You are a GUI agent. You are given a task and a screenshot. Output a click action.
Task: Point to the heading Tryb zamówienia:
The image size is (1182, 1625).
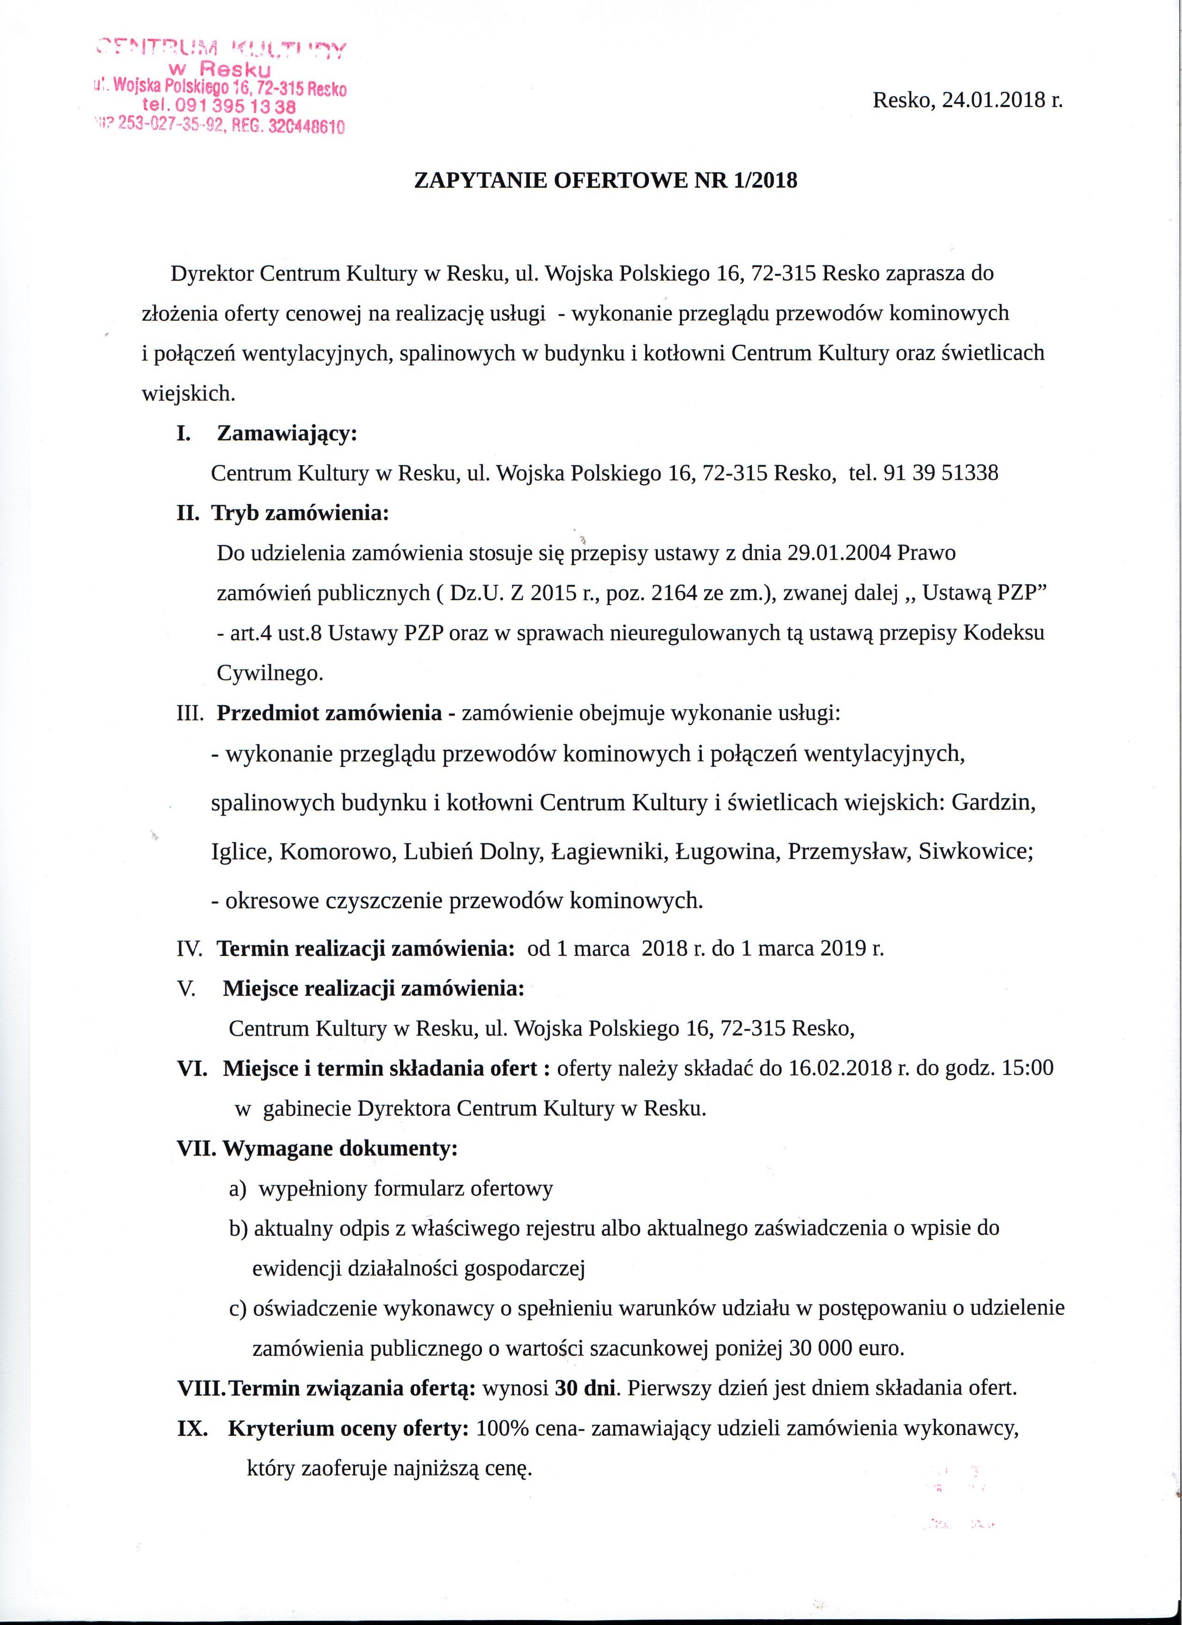(x=300, y=513)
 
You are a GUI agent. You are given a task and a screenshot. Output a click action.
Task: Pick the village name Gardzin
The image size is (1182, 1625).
(x=993, y=803)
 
